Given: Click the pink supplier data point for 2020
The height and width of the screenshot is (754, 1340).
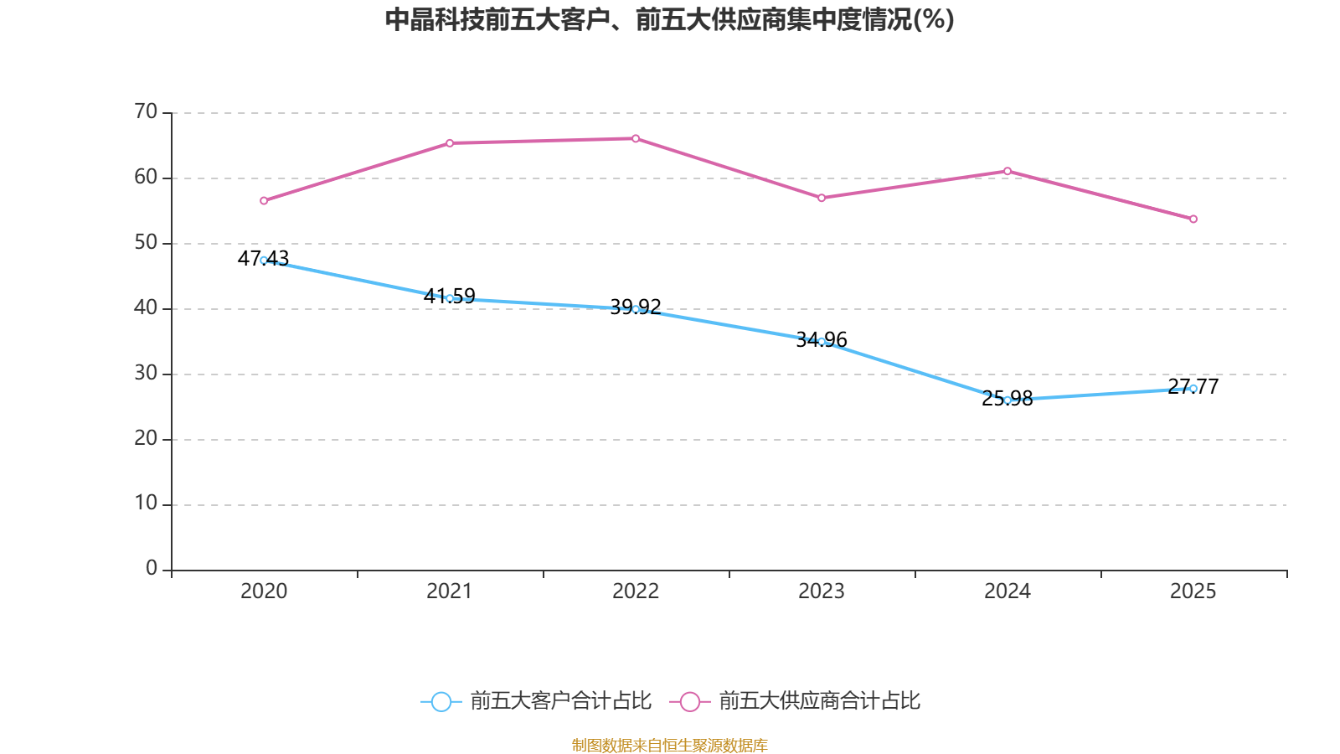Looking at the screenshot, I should pyautogui.click(x=264, y=201).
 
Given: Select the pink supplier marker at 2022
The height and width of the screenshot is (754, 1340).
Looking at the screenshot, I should pyautogui.click(x=636, y=138).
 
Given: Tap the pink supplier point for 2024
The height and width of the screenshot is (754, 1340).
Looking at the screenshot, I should pyautogui.click(x=1008, y=171).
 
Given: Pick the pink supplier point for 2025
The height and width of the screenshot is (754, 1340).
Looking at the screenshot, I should pyautogui.click(x=1193, y=219).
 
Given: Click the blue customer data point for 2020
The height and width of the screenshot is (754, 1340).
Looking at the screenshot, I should pyautogui.click(x=264, y=261).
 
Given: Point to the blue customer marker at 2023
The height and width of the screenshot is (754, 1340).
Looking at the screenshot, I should pyautogui.click(x=822, y=342).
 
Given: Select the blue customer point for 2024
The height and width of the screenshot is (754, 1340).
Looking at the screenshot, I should pyautogui.click(x=1008, y=400).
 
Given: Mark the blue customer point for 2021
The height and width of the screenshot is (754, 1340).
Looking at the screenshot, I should pyautogui.click(x=450, y=298).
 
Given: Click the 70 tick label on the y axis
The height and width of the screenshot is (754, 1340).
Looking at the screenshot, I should pyautogui.click(x=146, y=111).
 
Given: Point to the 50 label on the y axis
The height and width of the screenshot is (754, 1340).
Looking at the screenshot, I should pyautogui.click(x=146, y=243).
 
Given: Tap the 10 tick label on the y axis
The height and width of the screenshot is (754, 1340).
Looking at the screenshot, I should pyautogui.click(x=146, y=504).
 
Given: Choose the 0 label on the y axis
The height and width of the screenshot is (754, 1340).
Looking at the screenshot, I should pyautogui.click(x=152, y=569).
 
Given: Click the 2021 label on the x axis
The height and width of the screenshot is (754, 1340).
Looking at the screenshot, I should pyautogui.click(x=450, y=591).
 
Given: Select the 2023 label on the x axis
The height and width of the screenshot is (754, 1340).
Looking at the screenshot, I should pyautogui.click(x=822, y=591).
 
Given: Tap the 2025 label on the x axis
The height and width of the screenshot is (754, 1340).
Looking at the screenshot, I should pyautogui.click(x=1193, y=591).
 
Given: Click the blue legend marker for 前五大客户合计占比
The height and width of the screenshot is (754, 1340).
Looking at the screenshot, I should pyautogui.click(x=441, y=701).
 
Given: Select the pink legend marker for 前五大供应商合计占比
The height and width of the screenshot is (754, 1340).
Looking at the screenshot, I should pyautogui.click(x=689, y=701).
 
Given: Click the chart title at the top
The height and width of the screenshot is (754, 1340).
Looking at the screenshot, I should pyautogui.click(x=669, y=19).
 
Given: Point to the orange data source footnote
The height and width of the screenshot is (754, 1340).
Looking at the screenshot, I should pyautogui.click(x=669, y=745).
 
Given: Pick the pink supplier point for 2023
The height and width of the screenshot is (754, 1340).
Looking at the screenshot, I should pyautogui.click(x=822, y=199).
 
